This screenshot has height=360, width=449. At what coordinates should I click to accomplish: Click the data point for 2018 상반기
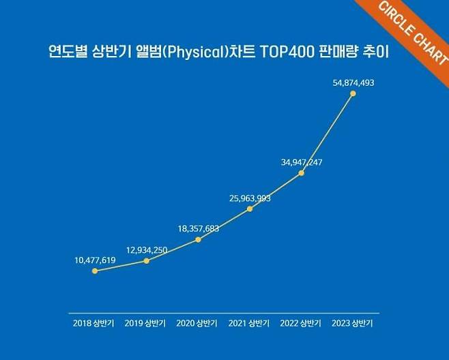(95, 271)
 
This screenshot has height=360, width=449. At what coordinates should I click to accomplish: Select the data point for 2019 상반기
(147, 260)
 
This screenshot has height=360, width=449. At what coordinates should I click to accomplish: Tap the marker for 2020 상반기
(199, 239)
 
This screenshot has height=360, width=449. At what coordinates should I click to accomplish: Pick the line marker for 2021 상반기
(250, 209)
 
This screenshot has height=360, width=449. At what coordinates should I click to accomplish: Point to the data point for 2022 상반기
(302, 173)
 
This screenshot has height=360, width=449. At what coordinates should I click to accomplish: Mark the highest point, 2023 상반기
(353, 93)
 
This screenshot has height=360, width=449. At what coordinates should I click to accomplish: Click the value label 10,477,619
(95, 260)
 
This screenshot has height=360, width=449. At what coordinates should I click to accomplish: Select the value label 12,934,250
(147, 250)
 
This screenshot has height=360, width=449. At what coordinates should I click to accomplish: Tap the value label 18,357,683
(198, 228)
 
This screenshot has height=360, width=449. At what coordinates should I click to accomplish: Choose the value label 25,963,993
(250, 198)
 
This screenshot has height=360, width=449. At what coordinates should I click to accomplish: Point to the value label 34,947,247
(302, 162)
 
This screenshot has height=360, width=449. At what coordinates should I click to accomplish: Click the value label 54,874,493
(353, 82)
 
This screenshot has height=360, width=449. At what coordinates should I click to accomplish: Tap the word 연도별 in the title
(65, 52)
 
